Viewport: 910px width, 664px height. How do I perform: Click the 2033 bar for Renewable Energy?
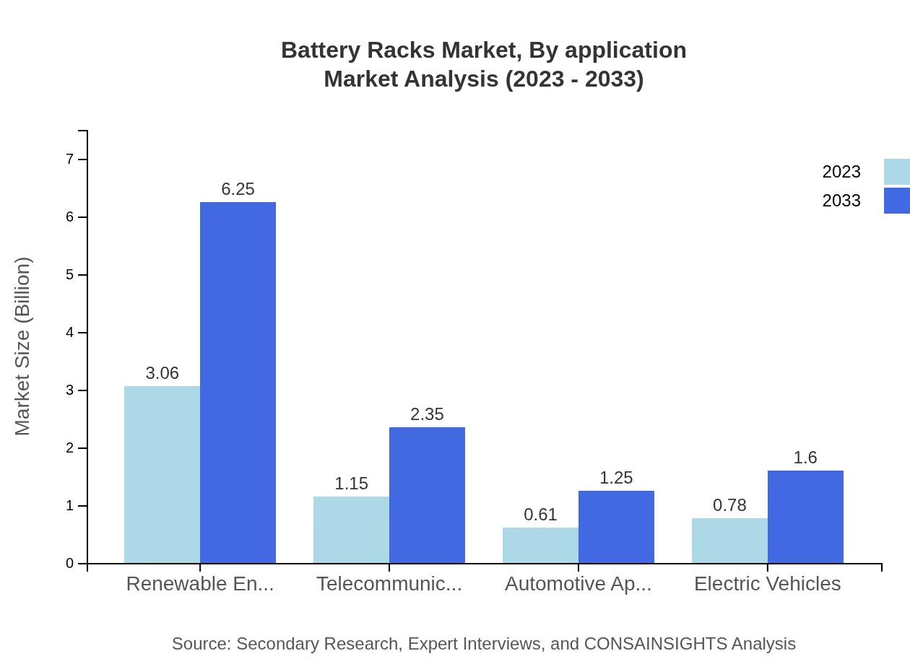(x=238, y=383)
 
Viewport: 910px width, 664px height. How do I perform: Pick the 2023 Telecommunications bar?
(x=351, y=530)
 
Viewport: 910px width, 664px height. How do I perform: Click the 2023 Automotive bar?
(x=540, y=546)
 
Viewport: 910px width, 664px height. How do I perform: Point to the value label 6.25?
(x=238, y=189)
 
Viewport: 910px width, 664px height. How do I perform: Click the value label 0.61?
(x=540, y=515)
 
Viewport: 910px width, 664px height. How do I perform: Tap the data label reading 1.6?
(x=805, y=458)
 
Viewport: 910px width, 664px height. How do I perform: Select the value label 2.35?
(x=427, y=414)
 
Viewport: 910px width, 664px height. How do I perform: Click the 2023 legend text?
(x=841, y=172)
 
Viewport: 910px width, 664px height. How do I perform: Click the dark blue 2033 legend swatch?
(x=896, y=201)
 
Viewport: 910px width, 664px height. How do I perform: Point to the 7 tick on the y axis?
(x=70, y=160)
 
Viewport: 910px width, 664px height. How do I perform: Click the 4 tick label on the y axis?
(x=70, y=333)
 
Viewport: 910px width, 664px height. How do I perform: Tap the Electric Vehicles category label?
(x=767, y=584)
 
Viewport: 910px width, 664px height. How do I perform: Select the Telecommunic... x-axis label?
(x=389, y=584)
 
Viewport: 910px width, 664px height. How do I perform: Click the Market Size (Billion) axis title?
(x=23, y=346)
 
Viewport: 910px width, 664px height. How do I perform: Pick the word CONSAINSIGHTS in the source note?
(x=654, y=644)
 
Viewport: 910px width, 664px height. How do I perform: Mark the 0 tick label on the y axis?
(x=70, y=564)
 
